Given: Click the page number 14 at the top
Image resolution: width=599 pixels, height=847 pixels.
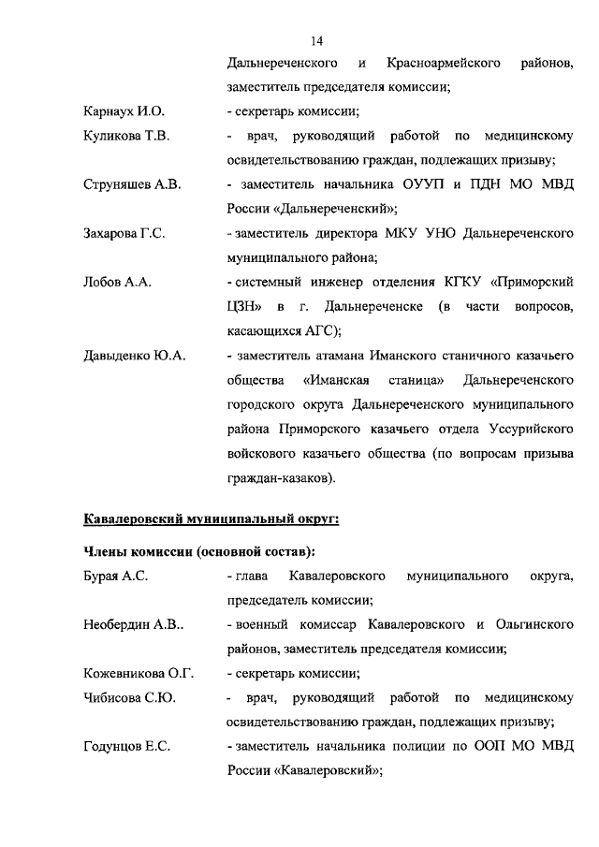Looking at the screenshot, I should pyautogui.click(x=315, y=41).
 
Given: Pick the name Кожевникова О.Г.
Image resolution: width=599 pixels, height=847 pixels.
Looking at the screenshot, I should pyautogui.click(x=137, y=674).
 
